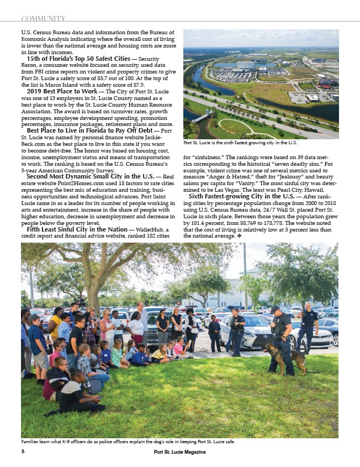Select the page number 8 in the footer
23,452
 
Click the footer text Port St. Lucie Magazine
179,452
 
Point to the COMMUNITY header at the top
43,19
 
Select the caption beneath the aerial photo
240,143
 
